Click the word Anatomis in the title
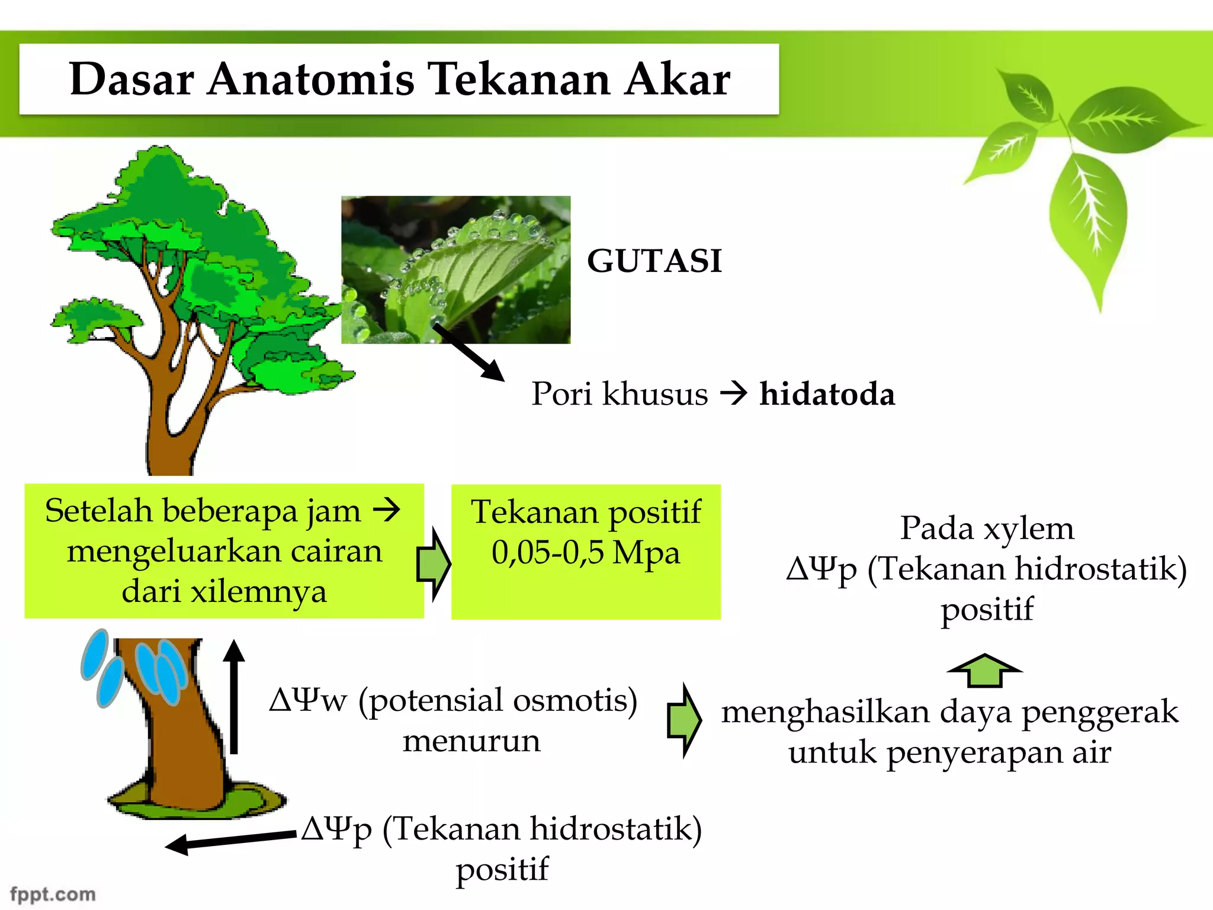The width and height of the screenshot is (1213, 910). [310, 79]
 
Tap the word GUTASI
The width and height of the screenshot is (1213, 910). [654, 261]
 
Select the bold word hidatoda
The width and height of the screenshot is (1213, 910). [827, 395]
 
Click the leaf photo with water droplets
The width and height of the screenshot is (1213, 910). [455, 270]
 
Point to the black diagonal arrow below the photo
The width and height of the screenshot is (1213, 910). [468, 352]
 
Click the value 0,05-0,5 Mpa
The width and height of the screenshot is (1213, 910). [585, 553]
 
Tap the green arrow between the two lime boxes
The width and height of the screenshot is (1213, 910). [435, 564]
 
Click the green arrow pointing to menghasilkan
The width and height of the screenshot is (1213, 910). [684, 720]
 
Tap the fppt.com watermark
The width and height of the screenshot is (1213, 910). [53, 894]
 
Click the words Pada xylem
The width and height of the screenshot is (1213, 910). [987, 528]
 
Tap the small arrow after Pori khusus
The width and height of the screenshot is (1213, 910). [733, 393]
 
